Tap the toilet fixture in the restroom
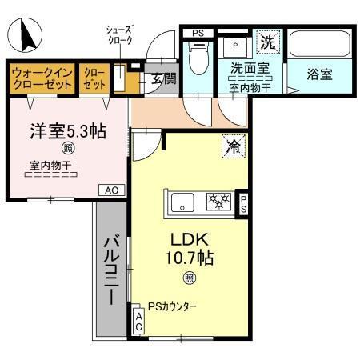click(x=196, y=57)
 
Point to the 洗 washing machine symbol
click(x=266, y=39)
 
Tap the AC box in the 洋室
click(x=110, y=190)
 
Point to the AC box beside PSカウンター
click(x=138, y=322)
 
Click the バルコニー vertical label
click(x=112, y=268)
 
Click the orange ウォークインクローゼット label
click(x=42, y=78)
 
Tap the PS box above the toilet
click(x=197, y=33)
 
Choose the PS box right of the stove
click(x=245, y=202)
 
